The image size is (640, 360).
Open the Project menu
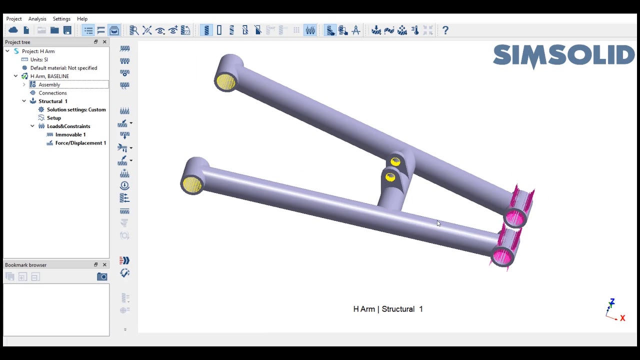(x=14, y=19)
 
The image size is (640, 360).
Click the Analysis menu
(x=37, y=19)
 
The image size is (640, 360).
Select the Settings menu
(x=61, y=19)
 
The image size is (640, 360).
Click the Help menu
(x=82, y=19)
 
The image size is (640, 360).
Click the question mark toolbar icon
(x=445, y=30)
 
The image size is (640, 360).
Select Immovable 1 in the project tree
(x=70, y=134)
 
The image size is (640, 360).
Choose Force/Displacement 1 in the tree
(x=80, y=143)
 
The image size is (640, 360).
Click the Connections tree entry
(x=52, y=93)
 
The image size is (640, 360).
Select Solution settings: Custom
(x=76, y=109)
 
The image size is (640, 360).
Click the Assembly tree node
(x=49, y=84)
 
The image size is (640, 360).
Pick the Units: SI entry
(x=39, y=59)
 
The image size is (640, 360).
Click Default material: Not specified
(x=63, y=68)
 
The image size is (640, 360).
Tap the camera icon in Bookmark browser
(x=102, y=276)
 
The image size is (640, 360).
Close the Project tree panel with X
(x=104, y=42)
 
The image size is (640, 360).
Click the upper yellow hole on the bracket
(x=395, y=162)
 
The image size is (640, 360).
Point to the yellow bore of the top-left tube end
(x=225, y=82)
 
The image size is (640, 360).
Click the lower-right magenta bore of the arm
(x=501, y=257)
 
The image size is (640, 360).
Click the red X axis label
(x=622, y=318)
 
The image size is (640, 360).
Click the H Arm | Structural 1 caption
(x=387, y=309)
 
